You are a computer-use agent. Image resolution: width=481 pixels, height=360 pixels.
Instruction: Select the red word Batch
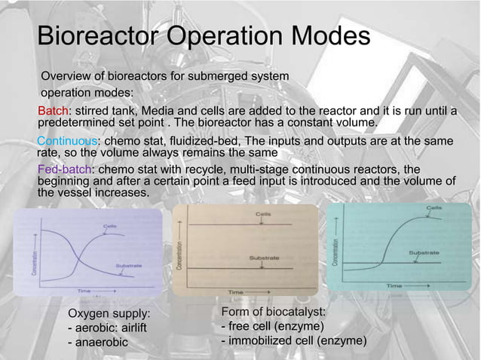(54, 112)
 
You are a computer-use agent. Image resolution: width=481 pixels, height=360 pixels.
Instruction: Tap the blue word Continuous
(68, 142)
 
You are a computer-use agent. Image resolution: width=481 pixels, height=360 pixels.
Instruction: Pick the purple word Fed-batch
(64, 169)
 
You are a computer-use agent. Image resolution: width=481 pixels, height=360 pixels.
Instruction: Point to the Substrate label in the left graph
(127, 265)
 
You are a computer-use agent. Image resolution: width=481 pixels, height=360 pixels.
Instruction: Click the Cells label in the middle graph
(263, 214)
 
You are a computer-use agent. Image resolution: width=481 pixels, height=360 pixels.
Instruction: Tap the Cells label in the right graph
(435, 208)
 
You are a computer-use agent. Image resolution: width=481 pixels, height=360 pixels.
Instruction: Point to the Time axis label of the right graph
(394, 285)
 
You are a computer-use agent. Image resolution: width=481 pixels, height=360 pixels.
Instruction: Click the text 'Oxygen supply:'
(109, 313)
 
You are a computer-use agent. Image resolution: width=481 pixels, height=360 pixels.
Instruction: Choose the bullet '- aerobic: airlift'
(107, 328)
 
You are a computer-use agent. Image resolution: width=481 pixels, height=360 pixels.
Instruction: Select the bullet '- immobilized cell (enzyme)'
(293, 342)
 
